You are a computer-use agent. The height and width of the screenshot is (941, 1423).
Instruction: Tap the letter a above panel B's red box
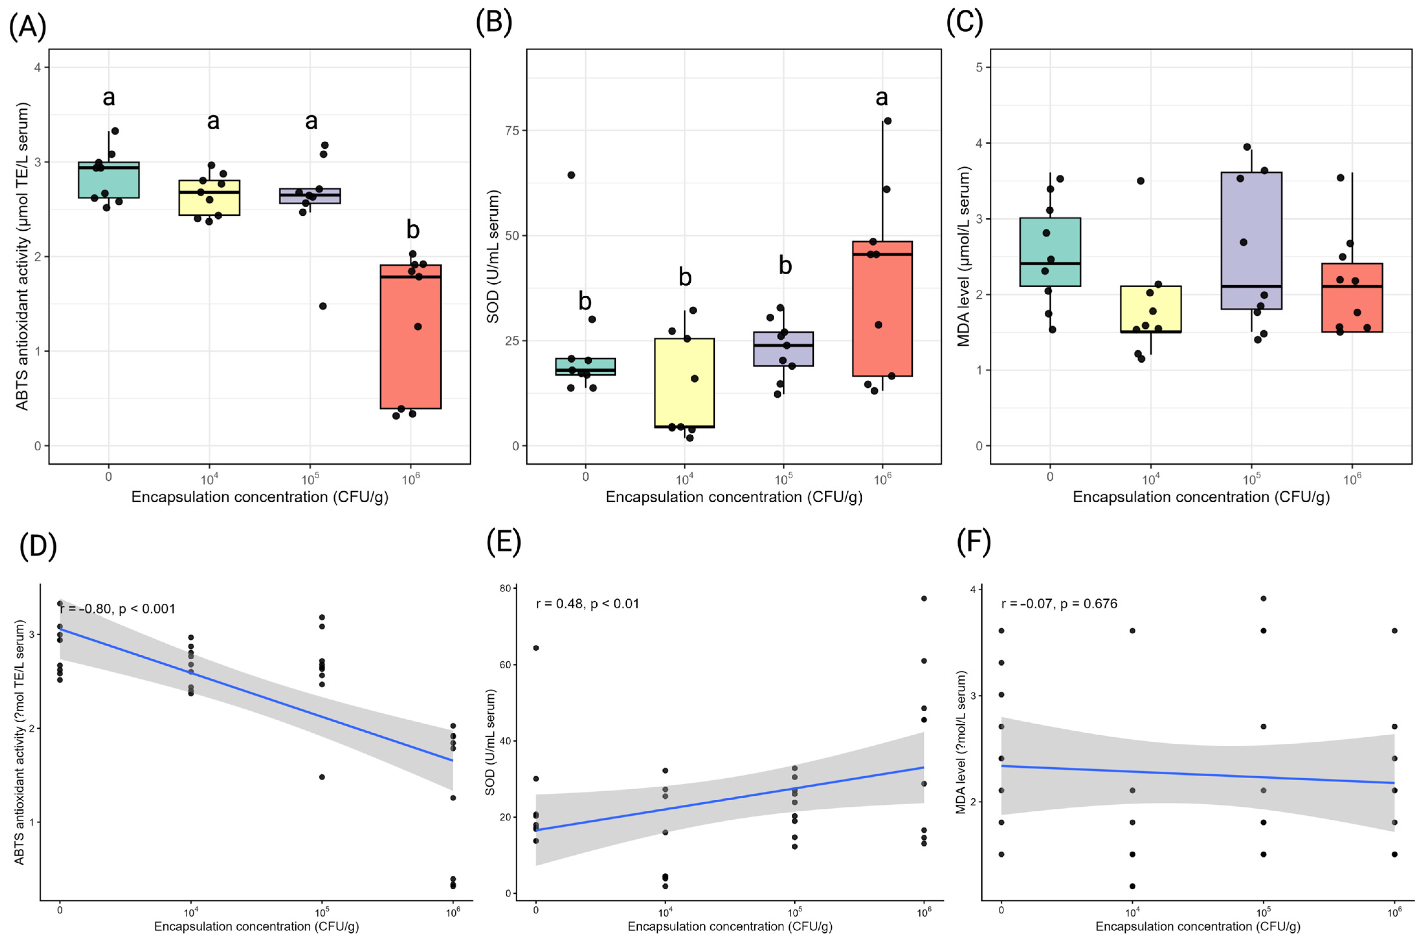point(881,97)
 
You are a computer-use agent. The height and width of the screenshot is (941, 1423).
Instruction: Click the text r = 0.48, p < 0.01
point(587,604)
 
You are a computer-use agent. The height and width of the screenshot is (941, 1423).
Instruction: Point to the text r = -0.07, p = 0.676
point(1059,604)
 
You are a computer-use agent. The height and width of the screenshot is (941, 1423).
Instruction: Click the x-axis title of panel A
point(259,497)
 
